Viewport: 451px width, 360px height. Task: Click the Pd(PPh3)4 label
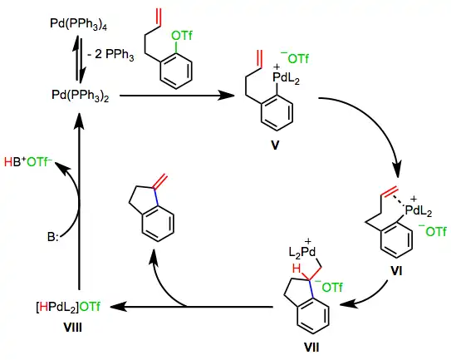(79, 24)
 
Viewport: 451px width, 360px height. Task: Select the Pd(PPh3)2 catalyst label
(81, 96)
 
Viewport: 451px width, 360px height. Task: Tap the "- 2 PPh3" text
(110, 55)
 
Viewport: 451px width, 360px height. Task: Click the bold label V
(275, 145)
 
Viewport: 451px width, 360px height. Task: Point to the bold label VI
(396, 271)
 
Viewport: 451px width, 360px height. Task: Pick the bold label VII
(311, 348)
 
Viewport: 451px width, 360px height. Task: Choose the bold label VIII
(72, 328)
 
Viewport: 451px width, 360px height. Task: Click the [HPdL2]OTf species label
(68, 307)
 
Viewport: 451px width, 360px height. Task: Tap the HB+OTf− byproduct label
(28, 162)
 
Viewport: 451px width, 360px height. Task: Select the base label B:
(53, 237)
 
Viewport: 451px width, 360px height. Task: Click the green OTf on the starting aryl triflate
(182, 36)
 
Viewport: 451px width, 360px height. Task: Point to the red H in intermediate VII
(297, 269)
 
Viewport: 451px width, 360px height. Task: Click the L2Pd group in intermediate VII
(302, 252)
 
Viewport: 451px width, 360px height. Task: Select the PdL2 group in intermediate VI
(419, 211)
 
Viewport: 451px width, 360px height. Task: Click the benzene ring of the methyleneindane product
(158, 223)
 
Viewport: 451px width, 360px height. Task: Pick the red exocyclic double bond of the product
(160, 181)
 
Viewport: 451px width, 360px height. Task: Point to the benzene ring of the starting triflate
(175, 71)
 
